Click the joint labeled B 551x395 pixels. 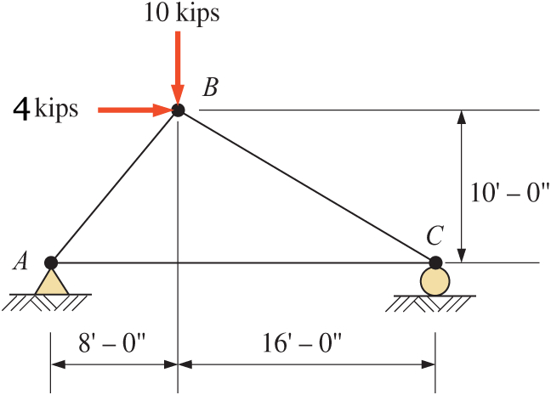[x=178, y=110]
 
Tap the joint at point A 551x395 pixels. [x=51, y=262]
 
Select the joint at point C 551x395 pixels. [x=435, y=262]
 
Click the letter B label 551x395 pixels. [x=210, y=87]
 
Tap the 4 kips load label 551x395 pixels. [x=48, y=110]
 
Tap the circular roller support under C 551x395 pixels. [x=435, y=281]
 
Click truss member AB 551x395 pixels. [x=114, y=186]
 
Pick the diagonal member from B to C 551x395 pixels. [x=306, y=186]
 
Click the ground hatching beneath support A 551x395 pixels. [x=51, y=300]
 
